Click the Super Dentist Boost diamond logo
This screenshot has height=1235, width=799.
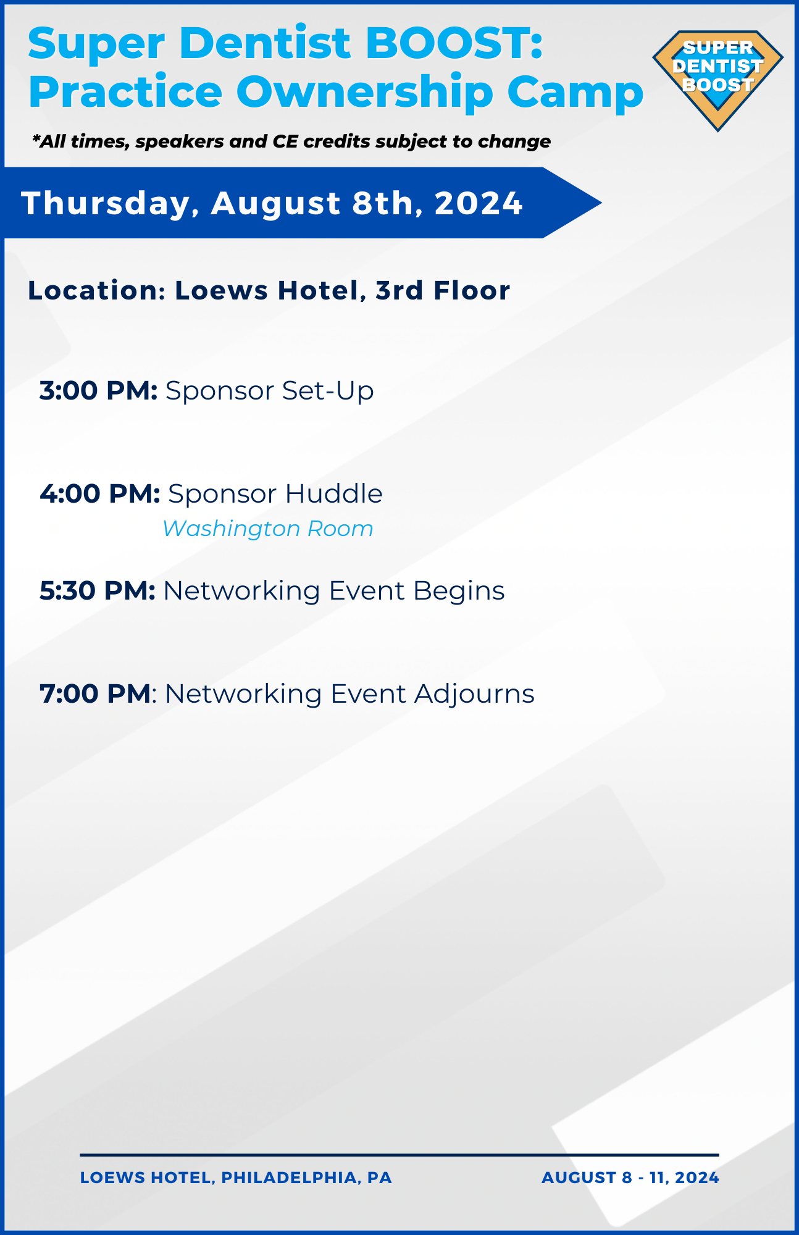(x=717, y=80)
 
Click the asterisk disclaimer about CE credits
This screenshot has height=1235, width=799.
(x=291, y=141)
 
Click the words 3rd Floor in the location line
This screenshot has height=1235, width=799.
(x=443, y=290)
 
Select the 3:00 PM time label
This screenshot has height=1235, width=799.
(x=99, y=391)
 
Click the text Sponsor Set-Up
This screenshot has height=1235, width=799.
(x=270, y=391)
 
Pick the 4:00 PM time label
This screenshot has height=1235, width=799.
(x=100, y=494)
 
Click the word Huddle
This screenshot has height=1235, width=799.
(x=333, y=494)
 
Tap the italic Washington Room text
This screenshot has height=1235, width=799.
(x=268, y=529)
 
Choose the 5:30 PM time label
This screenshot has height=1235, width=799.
(x=98, y=591)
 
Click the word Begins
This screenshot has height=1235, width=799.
(x=459, y=591)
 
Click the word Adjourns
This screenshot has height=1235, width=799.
(x=474, y=694)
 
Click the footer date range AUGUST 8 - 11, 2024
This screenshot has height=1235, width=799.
(x=630, y=1178)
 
